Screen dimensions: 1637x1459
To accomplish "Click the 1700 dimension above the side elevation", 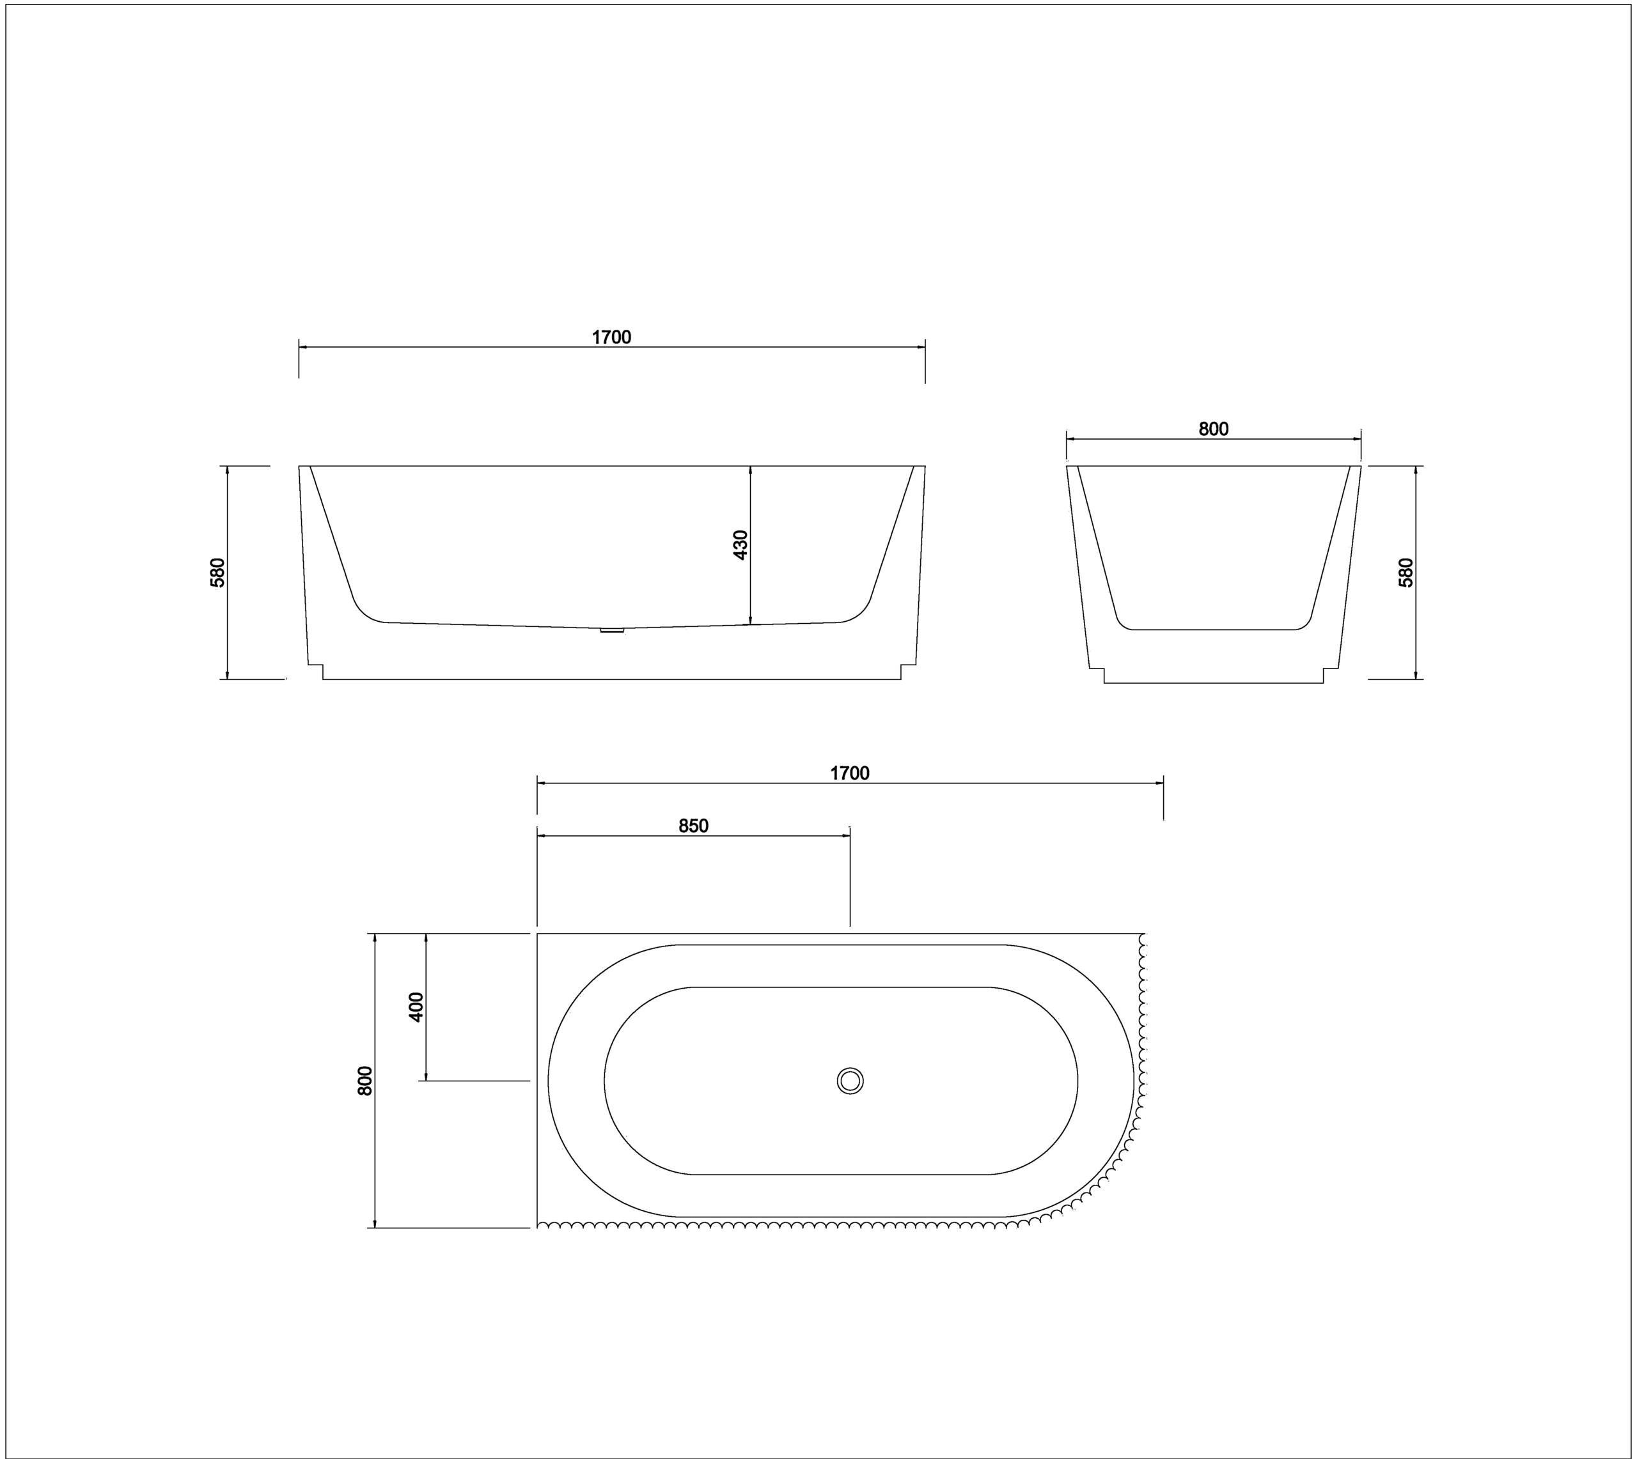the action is tap(611, 337).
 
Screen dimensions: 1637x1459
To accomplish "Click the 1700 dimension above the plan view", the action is tap(849, 773).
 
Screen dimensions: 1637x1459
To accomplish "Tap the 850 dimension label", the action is tap(694, 826).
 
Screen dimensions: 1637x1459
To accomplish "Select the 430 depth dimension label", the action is tap(740, 545).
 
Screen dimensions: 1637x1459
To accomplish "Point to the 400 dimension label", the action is tap(416, 1007).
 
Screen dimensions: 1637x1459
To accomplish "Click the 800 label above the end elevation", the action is tap(1214, 429).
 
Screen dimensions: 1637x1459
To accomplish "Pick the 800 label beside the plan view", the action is tap(365, 1081).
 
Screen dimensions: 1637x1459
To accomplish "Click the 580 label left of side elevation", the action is tap(217, 573).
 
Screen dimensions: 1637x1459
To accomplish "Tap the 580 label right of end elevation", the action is tap(1406, 573).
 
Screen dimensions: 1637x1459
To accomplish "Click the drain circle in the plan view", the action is tap(850, 1081).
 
